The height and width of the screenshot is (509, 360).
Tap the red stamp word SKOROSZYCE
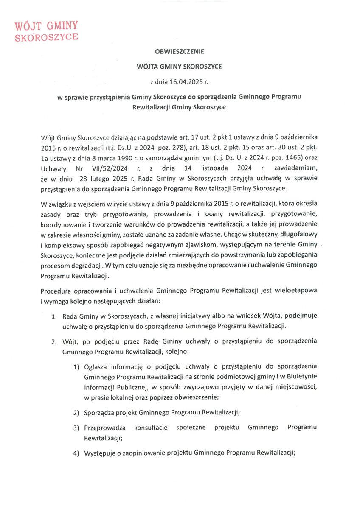click(x=46, y=37)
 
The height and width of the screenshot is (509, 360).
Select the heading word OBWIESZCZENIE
click(x=180, y=52)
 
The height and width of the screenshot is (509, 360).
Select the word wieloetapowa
click(x=296, y=291)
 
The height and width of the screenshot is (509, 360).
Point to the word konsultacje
click(x=150, y=427)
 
